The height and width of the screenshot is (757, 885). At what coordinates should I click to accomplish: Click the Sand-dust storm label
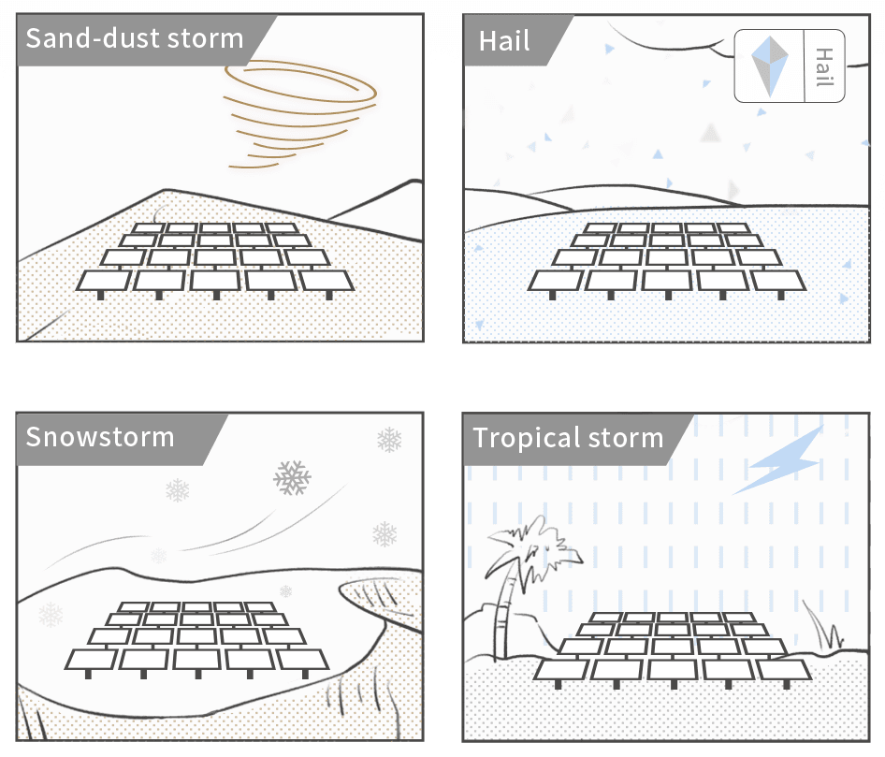(134, 39)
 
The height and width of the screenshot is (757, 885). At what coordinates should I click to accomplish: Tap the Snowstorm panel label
(100, 437)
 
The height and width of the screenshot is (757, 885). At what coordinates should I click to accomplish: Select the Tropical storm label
(568, 438)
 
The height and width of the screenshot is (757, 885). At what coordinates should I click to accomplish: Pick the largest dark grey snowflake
(292, 477)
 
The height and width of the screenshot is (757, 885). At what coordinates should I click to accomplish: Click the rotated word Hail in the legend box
(824, 66)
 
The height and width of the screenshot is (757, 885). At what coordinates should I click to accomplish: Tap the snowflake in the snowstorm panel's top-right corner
(389, 439)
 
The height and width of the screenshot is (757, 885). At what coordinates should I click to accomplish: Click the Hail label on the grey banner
(505, 41)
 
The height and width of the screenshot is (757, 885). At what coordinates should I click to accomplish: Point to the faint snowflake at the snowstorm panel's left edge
(51, 615)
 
